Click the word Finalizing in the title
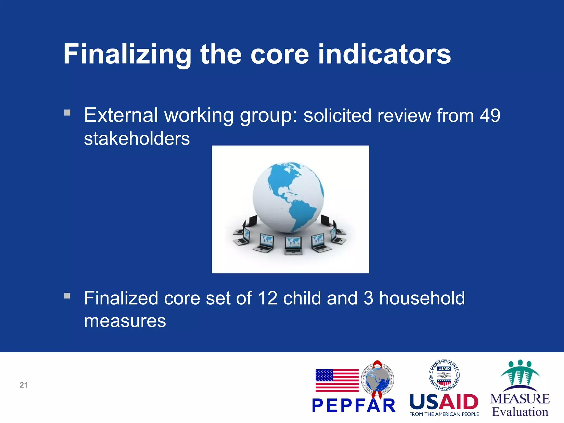(x=127, y=55)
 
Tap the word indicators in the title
(x=384, y=55)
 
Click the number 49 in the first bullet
(x=490, y=115)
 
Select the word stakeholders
(x=137, y=139)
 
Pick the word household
(x=422, y=298)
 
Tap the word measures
(x=125, y=321)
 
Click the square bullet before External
(x=67, y=113)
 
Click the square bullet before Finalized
(x=67, y=296)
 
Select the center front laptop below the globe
(x=293, y=245)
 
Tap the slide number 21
(x=24, y=385)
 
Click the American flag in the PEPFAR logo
(x=337, y=380)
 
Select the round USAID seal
(x=444, y=375)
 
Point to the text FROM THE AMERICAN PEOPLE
(x=444, y=414)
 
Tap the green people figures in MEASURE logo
(x=520, y=372)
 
